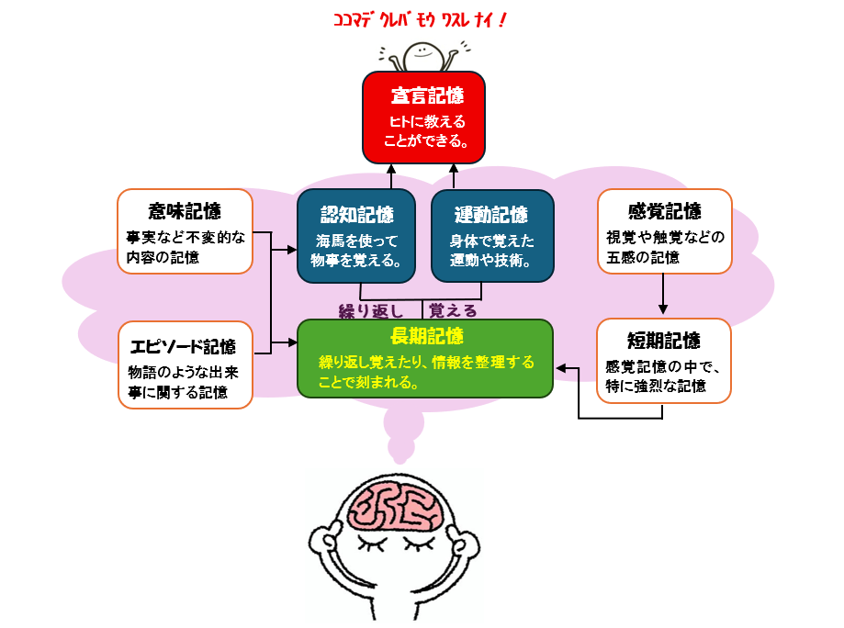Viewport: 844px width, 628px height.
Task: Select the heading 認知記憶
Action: [356, 215]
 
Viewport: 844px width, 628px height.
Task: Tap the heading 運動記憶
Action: [491, 215]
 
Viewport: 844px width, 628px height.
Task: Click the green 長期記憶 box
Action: [425, 358]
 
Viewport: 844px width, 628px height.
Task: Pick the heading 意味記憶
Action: [185, 210]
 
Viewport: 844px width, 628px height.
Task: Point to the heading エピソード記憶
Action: [184, 346]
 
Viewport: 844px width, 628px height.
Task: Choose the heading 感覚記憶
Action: [664, 210]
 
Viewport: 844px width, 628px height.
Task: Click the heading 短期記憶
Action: [664, 341]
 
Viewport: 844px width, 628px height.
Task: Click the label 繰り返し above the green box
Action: [371, 310]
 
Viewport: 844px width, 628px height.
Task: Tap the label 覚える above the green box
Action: [454, 310]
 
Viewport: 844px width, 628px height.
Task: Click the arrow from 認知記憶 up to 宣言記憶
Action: [390, 174]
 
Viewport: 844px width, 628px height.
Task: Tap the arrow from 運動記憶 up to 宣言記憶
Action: [455, 174]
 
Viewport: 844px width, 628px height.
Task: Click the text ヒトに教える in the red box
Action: [423, 122]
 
